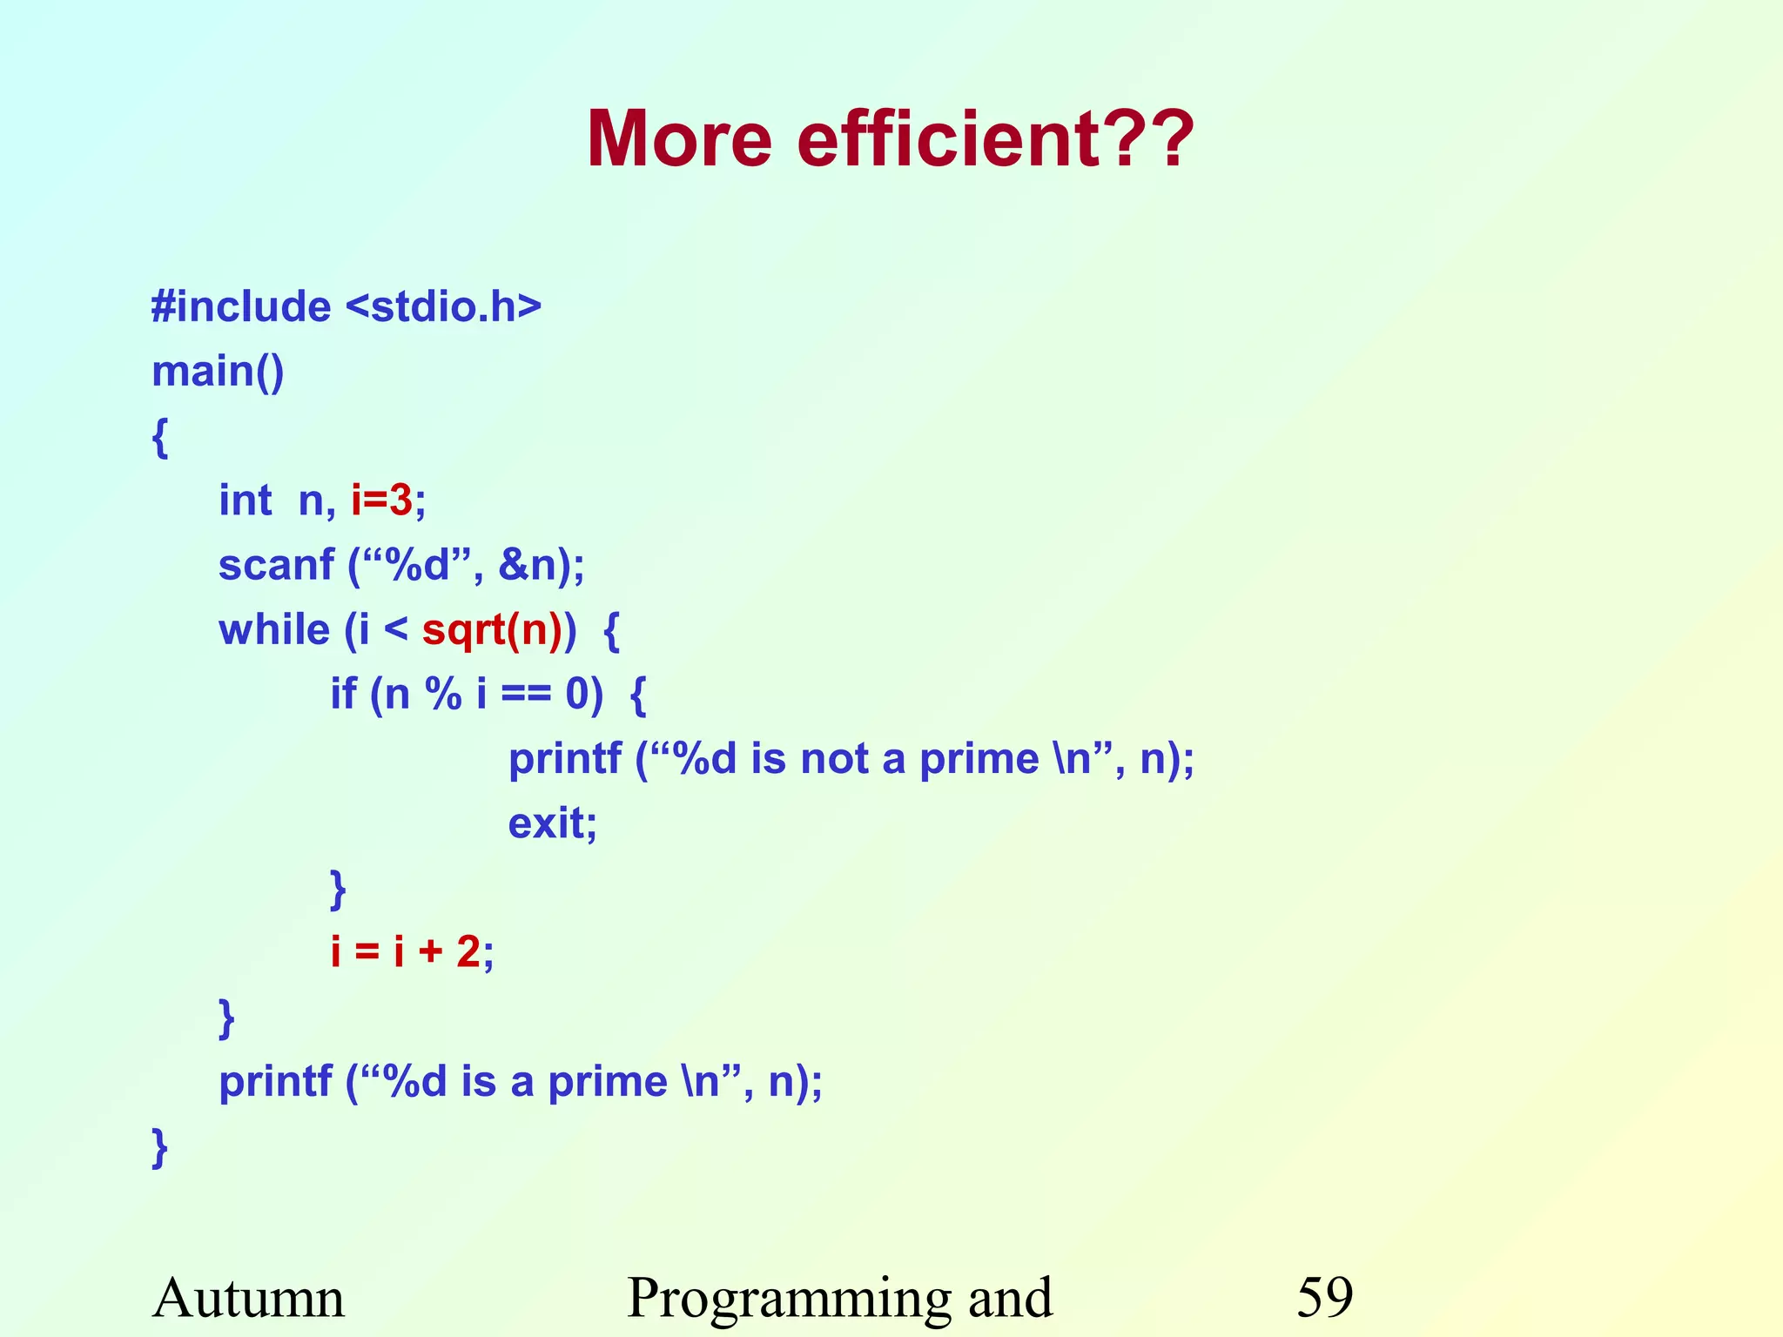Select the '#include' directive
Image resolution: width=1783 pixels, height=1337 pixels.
tap(241, 306)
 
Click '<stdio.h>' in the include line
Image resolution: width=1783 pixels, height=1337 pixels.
tap(444, 306)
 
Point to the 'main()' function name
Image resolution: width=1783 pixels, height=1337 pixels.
tap(218, 372)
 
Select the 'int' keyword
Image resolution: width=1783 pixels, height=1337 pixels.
tap(245, 501)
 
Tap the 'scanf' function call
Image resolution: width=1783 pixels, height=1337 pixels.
tap(276, 565)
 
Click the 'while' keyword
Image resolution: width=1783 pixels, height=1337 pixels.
tap(274, 629)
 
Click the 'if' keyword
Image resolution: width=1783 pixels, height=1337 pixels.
tap(343, 694)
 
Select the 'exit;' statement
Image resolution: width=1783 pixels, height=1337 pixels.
tap(553, 823)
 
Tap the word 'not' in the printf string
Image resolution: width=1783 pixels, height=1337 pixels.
tap(834, 758)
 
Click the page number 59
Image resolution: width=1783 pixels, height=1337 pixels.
tap(1325, 1297)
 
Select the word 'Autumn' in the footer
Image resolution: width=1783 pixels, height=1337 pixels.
tap(249, 1297)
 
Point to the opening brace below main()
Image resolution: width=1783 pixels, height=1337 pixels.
tap(160, 436)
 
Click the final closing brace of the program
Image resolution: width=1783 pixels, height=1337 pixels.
tap(160, 1146)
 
